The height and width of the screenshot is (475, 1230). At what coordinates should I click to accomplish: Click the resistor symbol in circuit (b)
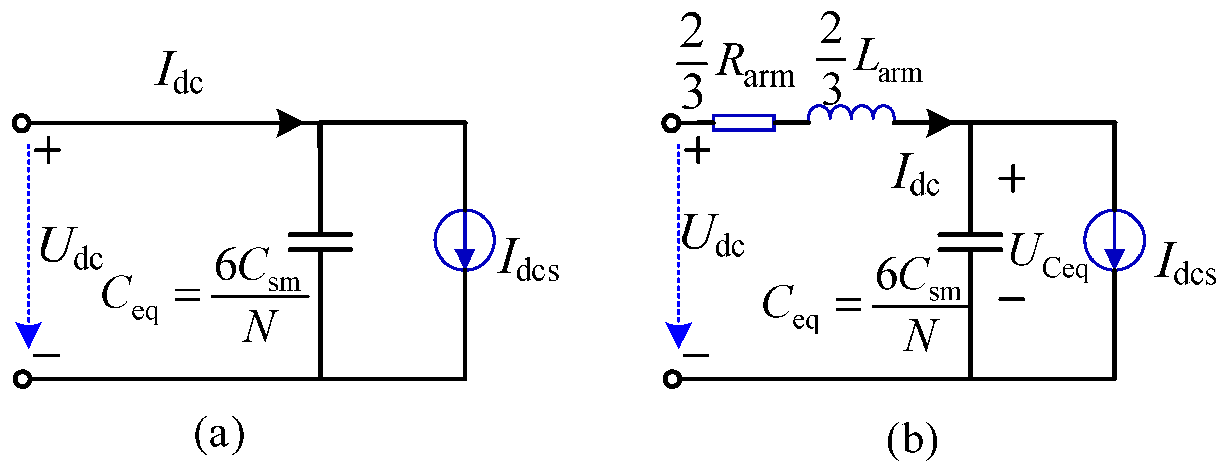point(743,123)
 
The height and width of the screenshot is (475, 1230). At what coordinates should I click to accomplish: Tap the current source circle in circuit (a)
point(465,240)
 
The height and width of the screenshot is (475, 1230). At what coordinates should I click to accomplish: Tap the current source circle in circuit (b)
point(1114,240)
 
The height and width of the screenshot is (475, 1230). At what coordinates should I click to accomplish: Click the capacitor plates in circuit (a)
point(320,242)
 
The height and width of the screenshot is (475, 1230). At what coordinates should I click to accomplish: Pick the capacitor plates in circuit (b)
point(970,242)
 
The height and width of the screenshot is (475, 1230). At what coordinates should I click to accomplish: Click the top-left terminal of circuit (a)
point(22,123)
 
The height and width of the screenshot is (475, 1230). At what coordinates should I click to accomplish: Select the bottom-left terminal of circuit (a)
point(22,379)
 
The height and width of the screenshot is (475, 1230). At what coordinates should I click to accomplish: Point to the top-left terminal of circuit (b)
point(671,123)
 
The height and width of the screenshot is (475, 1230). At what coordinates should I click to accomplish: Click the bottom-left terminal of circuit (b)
point(672,379)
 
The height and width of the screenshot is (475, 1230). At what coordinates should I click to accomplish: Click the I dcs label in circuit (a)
point(528,261)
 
